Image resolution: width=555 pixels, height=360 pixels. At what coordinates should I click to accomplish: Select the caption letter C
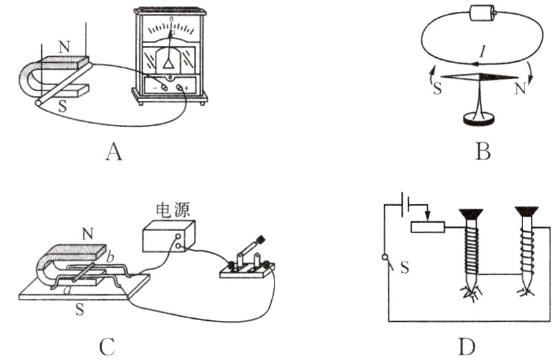[x=108, y=345]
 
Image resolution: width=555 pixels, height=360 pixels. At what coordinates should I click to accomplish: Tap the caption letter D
[x=467, y=345]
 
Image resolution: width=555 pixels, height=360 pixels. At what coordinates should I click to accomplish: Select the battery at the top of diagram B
[x=483, y=14]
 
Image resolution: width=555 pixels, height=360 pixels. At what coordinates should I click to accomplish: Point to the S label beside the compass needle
[x=437, y=89]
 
